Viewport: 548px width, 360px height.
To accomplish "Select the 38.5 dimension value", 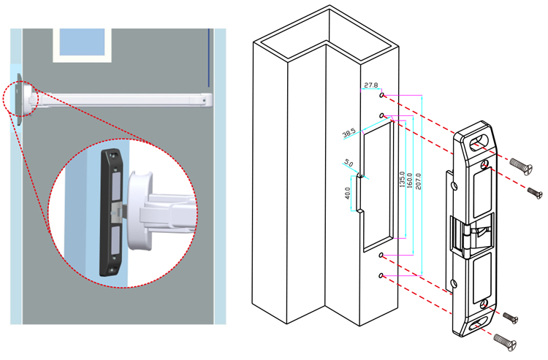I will point(349,134).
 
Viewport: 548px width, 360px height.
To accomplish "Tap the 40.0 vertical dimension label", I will point(348,195).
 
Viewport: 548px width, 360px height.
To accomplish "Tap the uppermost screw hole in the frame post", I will point(382,95).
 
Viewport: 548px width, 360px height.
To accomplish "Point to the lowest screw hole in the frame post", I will point(382,275).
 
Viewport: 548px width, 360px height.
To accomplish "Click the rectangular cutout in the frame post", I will point(378,183).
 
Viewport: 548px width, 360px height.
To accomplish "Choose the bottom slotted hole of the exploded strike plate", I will point(481,323).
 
